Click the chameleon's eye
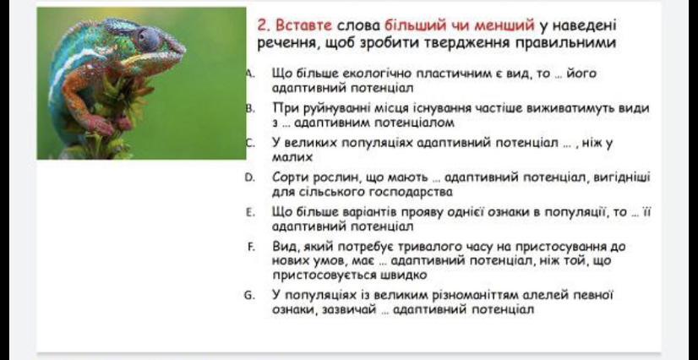click(148, 39)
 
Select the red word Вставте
click(304, 25)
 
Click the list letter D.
click(250, 177)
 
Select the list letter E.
click(251, 212)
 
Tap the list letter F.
click(251, 247)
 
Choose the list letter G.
click(250, 295)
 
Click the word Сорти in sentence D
click(288, 178)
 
